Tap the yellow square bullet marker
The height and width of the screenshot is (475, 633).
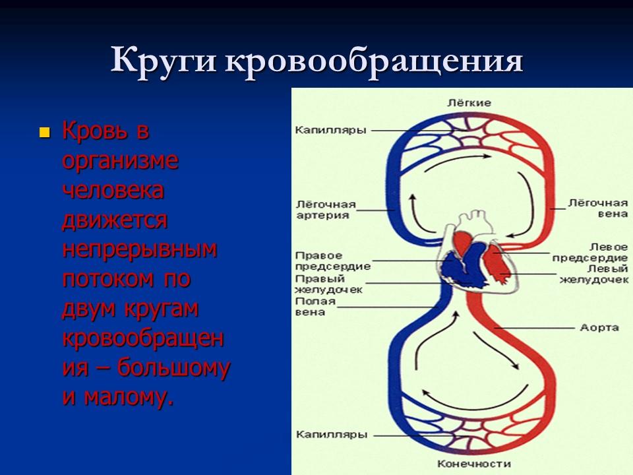(45, 132)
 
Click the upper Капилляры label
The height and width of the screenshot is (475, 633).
(330, 131)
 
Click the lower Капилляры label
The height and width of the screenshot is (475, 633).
(330, 435)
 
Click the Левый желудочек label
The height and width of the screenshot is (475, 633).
(593, 274)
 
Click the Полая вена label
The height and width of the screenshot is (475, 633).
(315, 307)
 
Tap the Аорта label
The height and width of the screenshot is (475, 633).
(598, 327)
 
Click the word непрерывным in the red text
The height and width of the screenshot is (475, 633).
(140, 249)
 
